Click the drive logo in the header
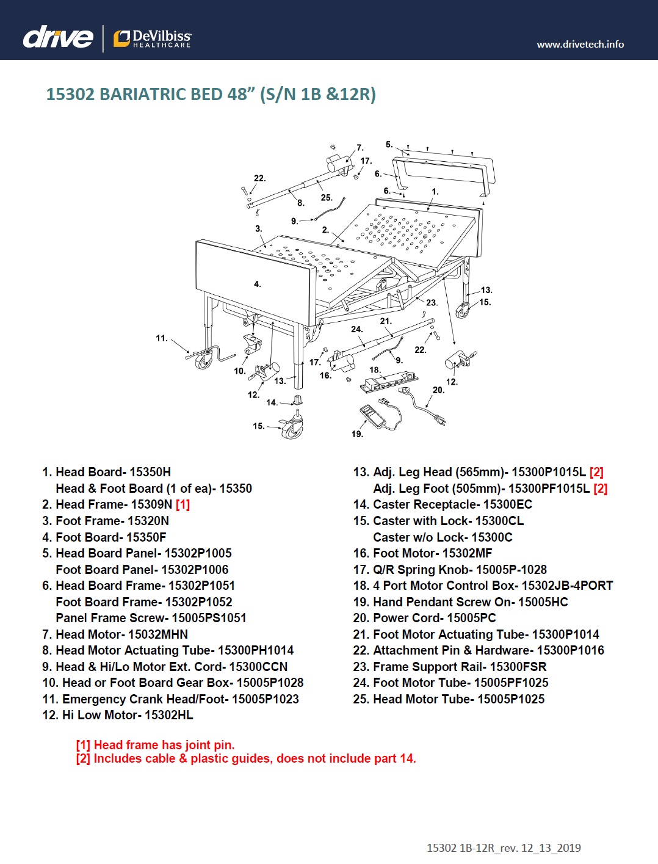point(58,37)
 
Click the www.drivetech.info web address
point(580,44)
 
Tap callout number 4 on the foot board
point(257,284)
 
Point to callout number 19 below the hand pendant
point(357,434)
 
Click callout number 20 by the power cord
point(438,390)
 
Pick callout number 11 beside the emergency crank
point(161,338)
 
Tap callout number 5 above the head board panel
point(389,145)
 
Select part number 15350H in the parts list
point(150,472)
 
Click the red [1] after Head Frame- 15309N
point(183,504)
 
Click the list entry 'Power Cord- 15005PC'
point(434,618)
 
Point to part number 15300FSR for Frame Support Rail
point(518,667)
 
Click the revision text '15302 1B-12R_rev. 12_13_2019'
point(504,848)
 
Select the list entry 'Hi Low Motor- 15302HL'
point(127,715)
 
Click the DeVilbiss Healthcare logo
point(153,38)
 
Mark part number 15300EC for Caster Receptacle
point(507,504)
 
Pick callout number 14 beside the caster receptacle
point(272,402)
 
